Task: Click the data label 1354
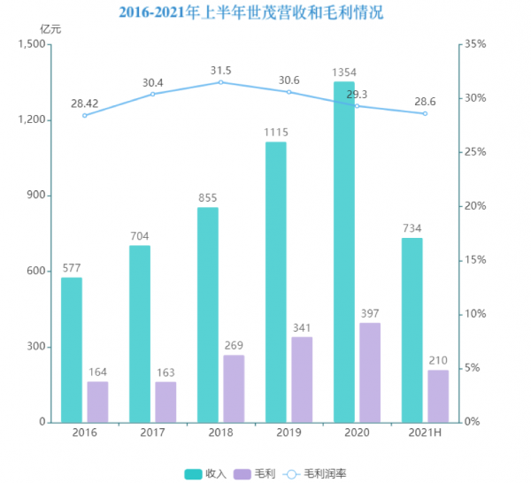tap(344, 73)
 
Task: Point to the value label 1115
tap(276, 133)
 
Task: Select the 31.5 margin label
tap(221, 71)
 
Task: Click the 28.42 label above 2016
tap(86, 102)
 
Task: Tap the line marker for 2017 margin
tap(153, 94)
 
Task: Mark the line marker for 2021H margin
tap(425, 113)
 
